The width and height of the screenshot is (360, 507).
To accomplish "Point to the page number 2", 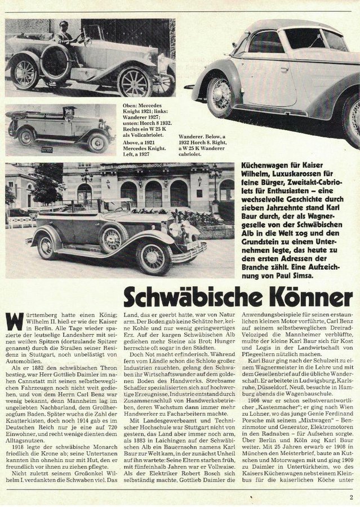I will (350, 497).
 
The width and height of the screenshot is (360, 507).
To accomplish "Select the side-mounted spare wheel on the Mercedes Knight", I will (56, 62).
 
